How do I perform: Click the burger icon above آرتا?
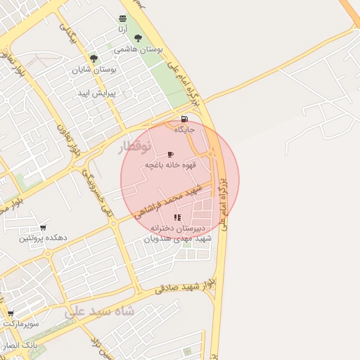pyautogui.click(x=123, y=18)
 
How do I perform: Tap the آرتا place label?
pyautogui.click(x=123, y=29)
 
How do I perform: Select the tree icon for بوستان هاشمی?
pyautogui.click(x=137, y=39)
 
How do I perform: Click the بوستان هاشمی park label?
pyautogui.click(x=141, y=51)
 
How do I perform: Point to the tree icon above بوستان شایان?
pyautogui.click(x=94, y=58)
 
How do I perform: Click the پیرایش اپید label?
pyautogui.click(x=97, y=92)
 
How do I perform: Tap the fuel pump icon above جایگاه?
pyautogui.click(x=184, y=119)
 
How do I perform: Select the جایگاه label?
pyautogui.click(x=184, y=130)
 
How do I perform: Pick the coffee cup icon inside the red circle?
pyautogui.click(x=170, y=154)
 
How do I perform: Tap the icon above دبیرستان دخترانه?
pyautogui.click(x=177, y=217)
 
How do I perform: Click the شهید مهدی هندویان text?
pyautogui.click(x=178, y=239)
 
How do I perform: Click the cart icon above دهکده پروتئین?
pyautogui.click(x=44, y=227)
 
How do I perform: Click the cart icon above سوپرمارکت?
pyautogui.click(x=11, y=314)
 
